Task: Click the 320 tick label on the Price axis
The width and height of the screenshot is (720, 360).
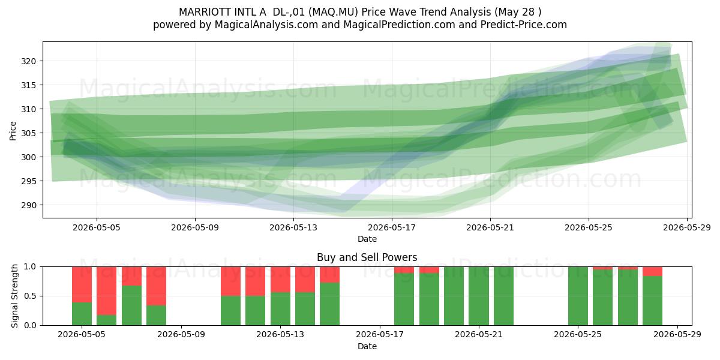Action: point(29,61)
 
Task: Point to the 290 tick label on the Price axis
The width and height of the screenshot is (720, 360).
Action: point(29,205)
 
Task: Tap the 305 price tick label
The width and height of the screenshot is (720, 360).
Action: point(29,133)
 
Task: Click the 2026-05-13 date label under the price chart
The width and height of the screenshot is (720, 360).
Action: point(293,227)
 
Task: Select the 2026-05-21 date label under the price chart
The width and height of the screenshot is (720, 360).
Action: point(490,227)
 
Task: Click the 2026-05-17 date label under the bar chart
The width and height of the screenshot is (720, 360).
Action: point(380,334)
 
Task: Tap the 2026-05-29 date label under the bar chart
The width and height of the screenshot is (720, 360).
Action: point(677,334)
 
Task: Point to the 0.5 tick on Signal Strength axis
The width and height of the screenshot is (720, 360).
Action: point(30,296)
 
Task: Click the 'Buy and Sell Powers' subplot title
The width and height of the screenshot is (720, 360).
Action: point(367,257)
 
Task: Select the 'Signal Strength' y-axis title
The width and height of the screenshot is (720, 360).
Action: point(14,296)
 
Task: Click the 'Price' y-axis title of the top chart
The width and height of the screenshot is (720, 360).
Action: point(13,131)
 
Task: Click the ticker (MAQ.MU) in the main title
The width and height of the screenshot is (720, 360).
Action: point(334,12)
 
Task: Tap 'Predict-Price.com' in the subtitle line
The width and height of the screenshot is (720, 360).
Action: point(524,25)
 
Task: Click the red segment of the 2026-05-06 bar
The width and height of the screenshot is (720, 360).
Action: point(106,291)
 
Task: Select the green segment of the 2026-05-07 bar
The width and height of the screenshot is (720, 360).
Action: point(131,305)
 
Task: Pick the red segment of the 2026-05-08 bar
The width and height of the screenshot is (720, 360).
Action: point(156,286)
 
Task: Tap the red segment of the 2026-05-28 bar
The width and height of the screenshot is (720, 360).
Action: point(652,271)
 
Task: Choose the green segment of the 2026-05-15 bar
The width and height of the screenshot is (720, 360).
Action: point(329,304)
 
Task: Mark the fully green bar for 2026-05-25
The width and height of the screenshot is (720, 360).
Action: point(578,296)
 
